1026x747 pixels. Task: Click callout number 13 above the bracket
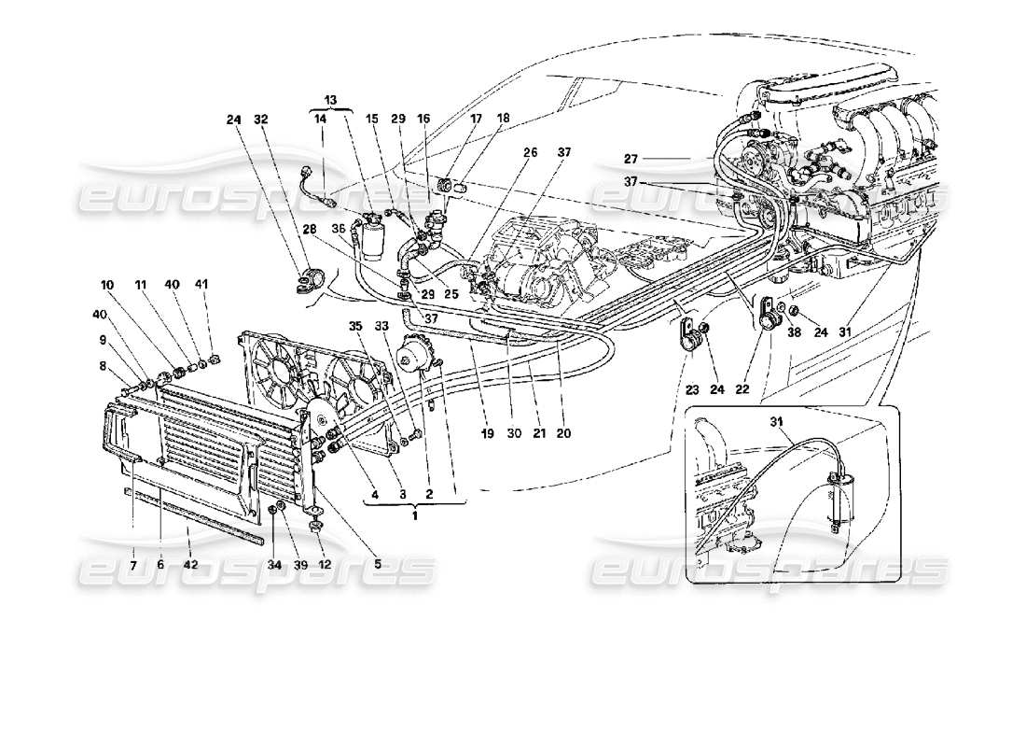coord(330,100)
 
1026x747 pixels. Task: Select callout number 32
coord(260,120)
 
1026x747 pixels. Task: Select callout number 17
coord(477,120)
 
